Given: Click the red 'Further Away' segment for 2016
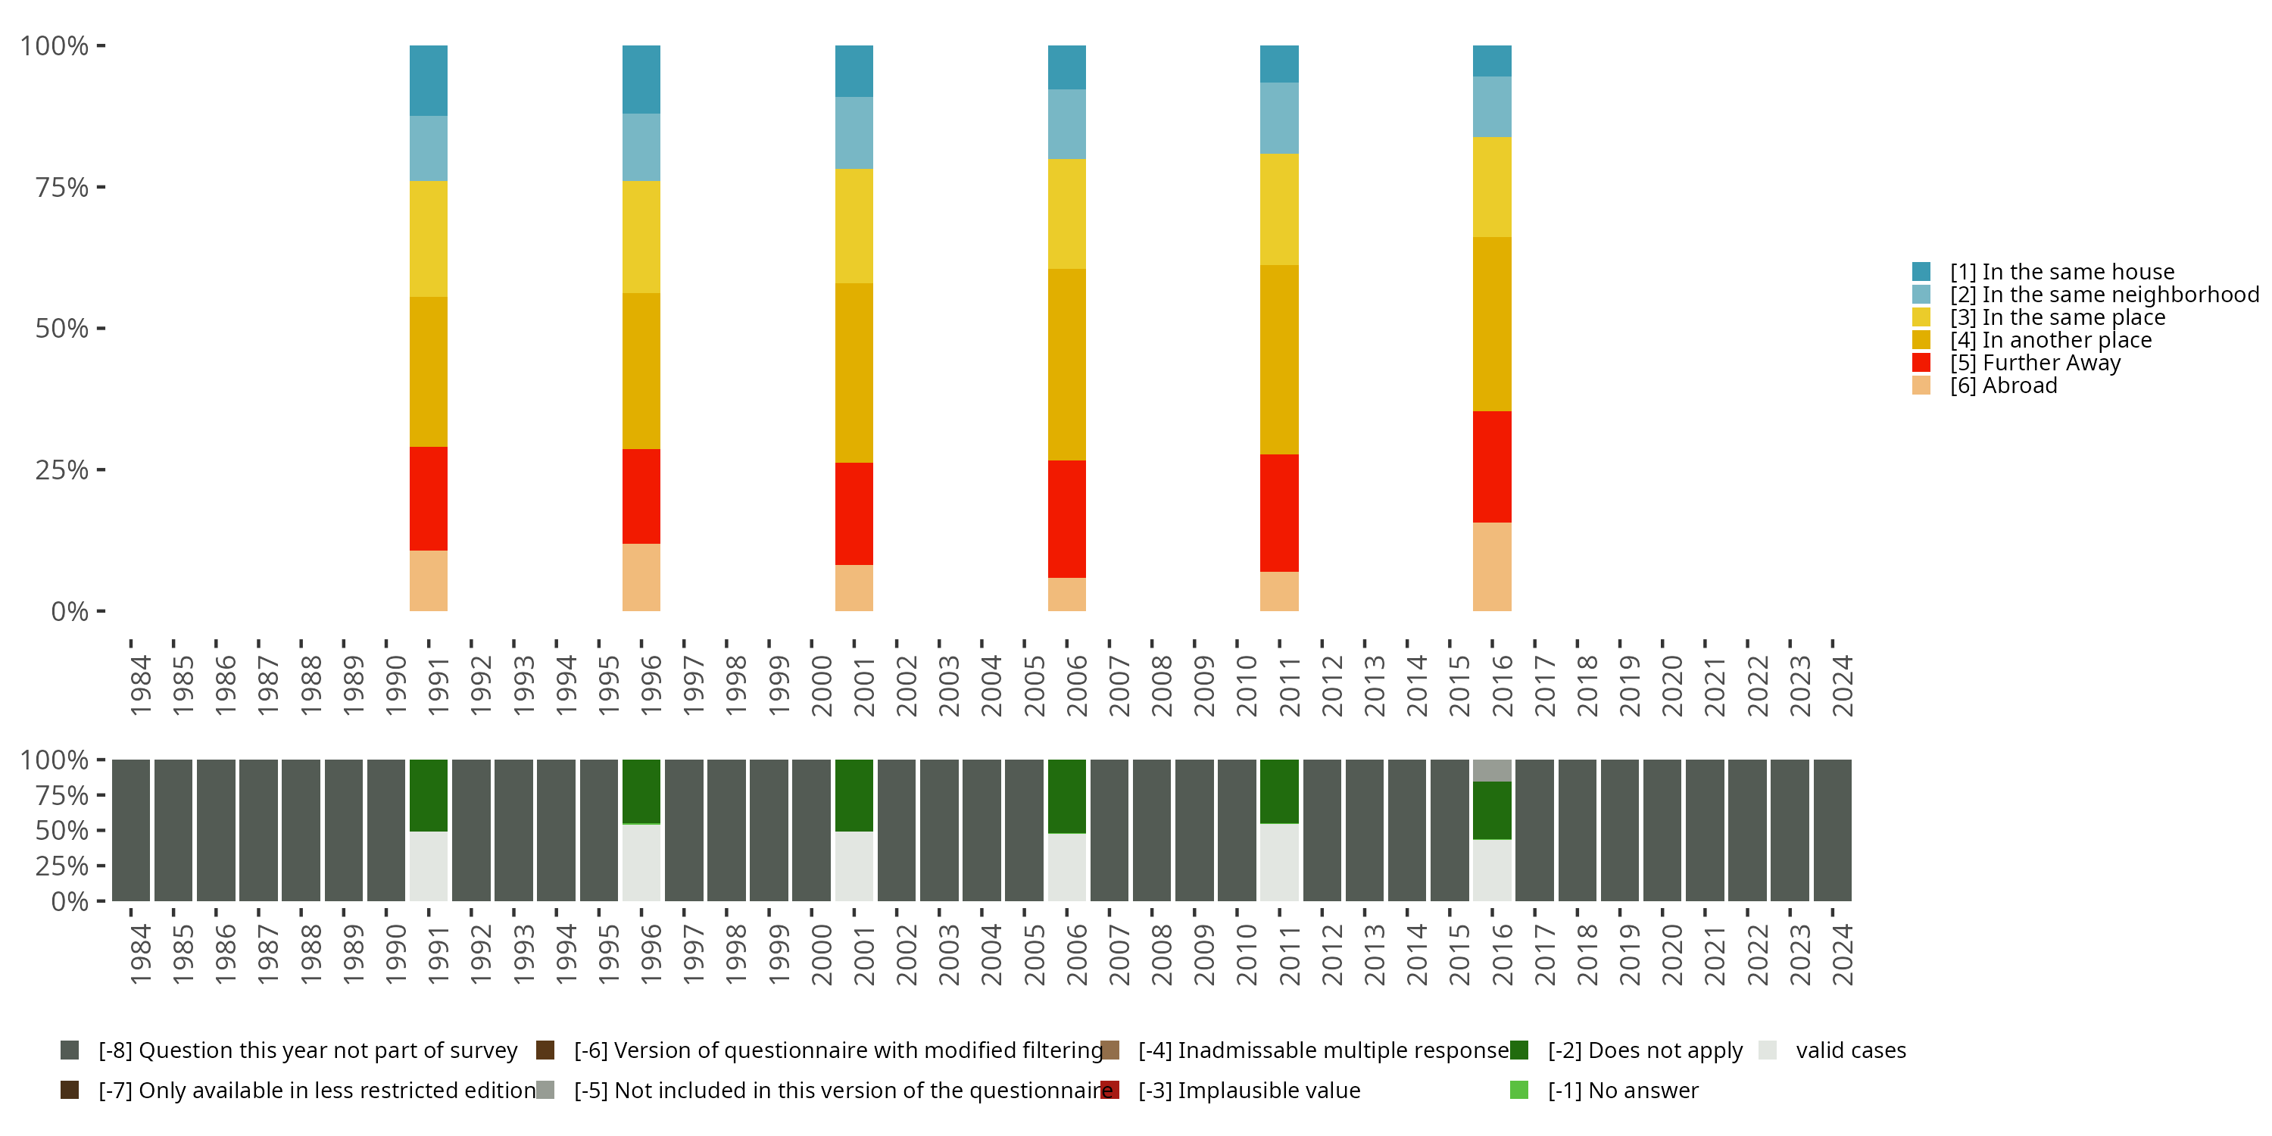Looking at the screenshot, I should click(x=1491, y=467).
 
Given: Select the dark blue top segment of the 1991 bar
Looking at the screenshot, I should click(x=429, y=80).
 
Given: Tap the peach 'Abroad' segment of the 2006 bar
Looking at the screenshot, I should click(x=1066, y=594).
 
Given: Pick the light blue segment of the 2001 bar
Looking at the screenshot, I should click(x=854, y=133).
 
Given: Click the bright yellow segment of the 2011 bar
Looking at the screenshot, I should click(x=1279, y=209).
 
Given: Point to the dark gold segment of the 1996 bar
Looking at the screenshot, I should click(x=641, y=370).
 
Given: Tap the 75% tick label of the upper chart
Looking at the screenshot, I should click(x=62, y=187).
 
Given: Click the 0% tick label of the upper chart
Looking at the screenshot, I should click(x=70, y=611).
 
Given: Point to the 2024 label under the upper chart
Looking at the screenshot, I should click(x=1843, y=685).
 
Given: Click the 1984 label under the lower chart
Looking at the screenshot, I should click(x=140, y=954).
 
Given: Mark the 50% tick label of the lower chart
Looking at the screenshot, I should click(x=62, y=831).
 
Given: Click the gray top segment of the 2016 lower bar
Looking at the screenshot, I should click(x=1491, y=770).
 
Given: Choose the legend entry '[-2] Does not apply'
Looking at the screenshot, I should click(x=1644, y=1050).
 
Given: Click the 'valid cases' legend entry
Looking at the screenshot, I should click(x=1849, y=1050).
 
